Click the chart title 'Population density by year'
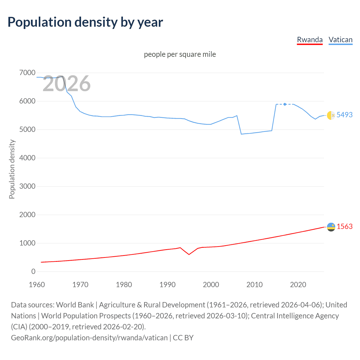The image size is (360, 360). point(85,22)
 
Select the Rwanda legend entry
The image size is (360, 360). point(310,40)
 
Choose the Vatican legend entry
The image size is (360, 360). point(340,40)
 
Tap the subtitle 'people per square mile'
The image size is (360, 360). point(180,54)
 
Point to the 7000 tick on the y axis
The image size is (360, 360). point(27,73)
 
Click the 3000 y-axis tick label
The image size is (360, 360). point(27,186)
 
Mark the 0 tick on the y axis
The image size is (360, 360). point(33,271)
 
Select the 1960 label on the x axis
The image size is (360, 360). point(37,285)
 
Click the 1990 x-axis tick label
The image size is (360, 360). point(167,285)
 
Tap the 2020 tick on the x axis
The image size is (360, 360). point(298,285)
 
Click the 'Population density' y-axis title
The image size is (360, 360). point(12,169)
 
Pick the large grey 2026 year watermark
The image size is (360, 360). point(66,84)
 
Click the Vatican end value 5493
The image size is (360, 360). point(344,115)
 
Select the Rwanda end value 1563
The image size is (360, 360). point(344,226)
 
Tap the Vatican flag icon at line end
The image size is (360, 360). point(331,115)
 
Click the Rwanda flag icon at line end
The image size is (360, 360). point(331,227)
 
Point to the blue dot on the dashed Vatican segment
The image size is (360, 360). point(285,104)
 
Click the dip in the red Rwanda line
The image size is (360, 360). point(189,254)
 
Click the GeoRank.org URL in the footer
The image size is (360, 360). point(89,337)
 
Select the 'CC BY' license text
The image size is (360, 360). point(183,337)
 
